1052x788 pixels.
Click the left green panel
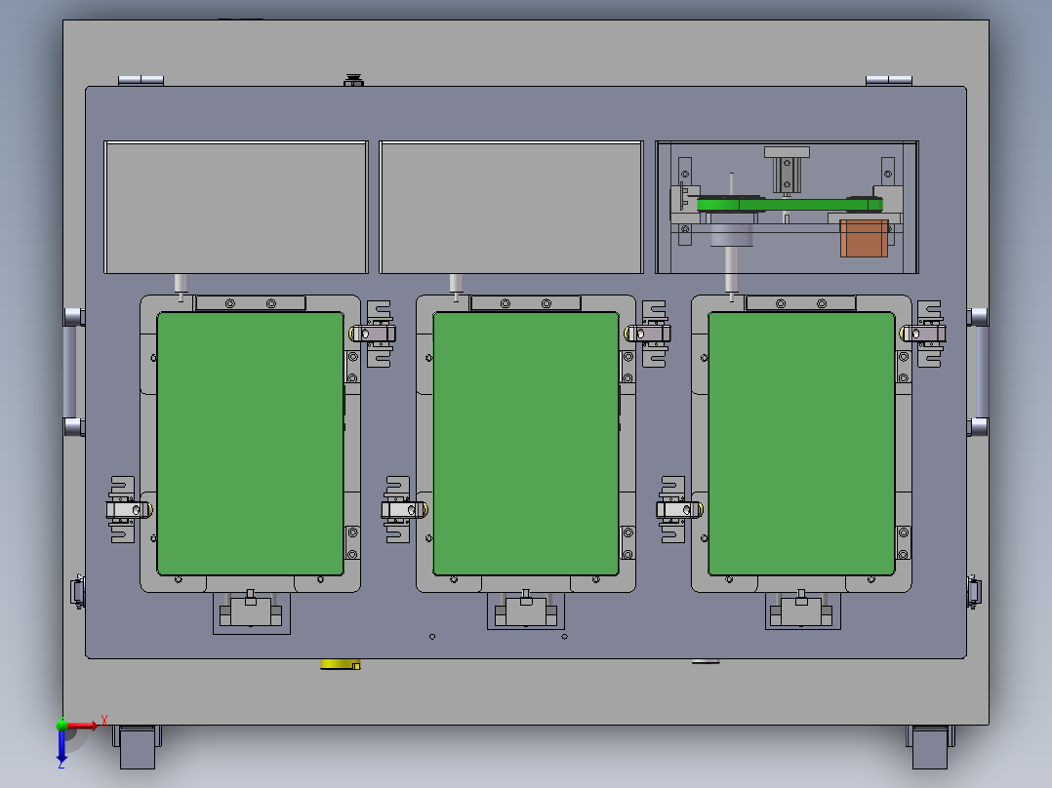pos(250,444)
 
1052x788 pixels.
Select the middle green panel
pos(525,444)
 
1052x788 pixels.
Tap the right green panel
pos(800,444)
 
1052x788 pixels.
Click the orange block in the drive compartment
pos(864,238)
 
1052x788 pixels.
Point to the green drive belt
pos(790,205)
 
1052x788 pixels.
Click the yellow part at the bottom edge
pos(340,665)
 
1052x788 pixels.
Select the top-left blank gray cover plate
pos(235,207)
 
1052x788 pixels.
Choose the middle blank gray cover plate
pos(510,207)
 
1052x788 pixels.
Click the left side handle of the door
pos(70,372)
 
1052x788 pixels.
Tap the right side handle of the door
pos(980,372)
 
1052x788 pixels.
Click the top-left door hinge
pos(141,80)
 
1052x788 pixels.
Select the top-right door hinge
pos(888,80)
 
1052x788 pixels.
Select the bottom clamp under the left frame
pos(252,612)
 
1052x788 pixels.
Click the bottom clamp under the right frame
pos(802,612)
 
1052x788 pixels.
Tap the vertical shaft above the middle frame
pos(455,285)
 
